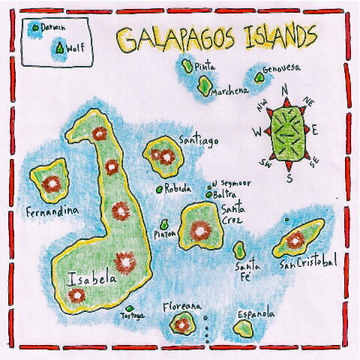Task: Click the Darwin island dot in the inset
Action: [34, 27]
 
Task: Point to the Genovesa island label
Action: [281, 68]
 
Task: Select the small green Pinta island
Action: [187, 65]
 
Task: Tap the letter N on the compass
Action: [284, 91]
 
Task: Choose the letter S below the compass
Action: [289, 177]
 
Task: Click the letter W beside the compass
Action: [257, 133]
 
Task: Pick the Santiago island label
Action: [199, 140]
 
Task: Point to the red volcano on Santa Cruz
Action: [199, 230]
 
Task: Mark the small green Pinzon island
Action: [165, 223]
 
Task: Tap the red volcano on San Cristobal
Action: [295, 240]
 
